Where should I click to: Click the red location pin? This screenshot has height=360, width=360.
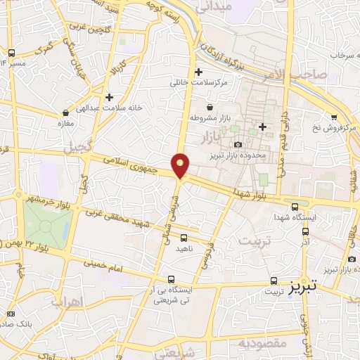click(181, 165)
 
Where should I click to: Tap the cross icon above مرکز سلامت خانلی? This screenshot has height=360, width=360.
click(199, 72)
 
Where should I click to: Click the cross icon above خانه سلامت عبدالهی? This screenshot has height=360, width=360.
click(108, 97)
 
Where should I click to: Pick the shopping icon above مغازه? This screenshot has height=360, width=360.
click(65, 112)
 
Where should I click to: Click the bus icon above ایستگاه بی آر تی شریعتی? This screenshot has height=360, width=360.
click(172, 279)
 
